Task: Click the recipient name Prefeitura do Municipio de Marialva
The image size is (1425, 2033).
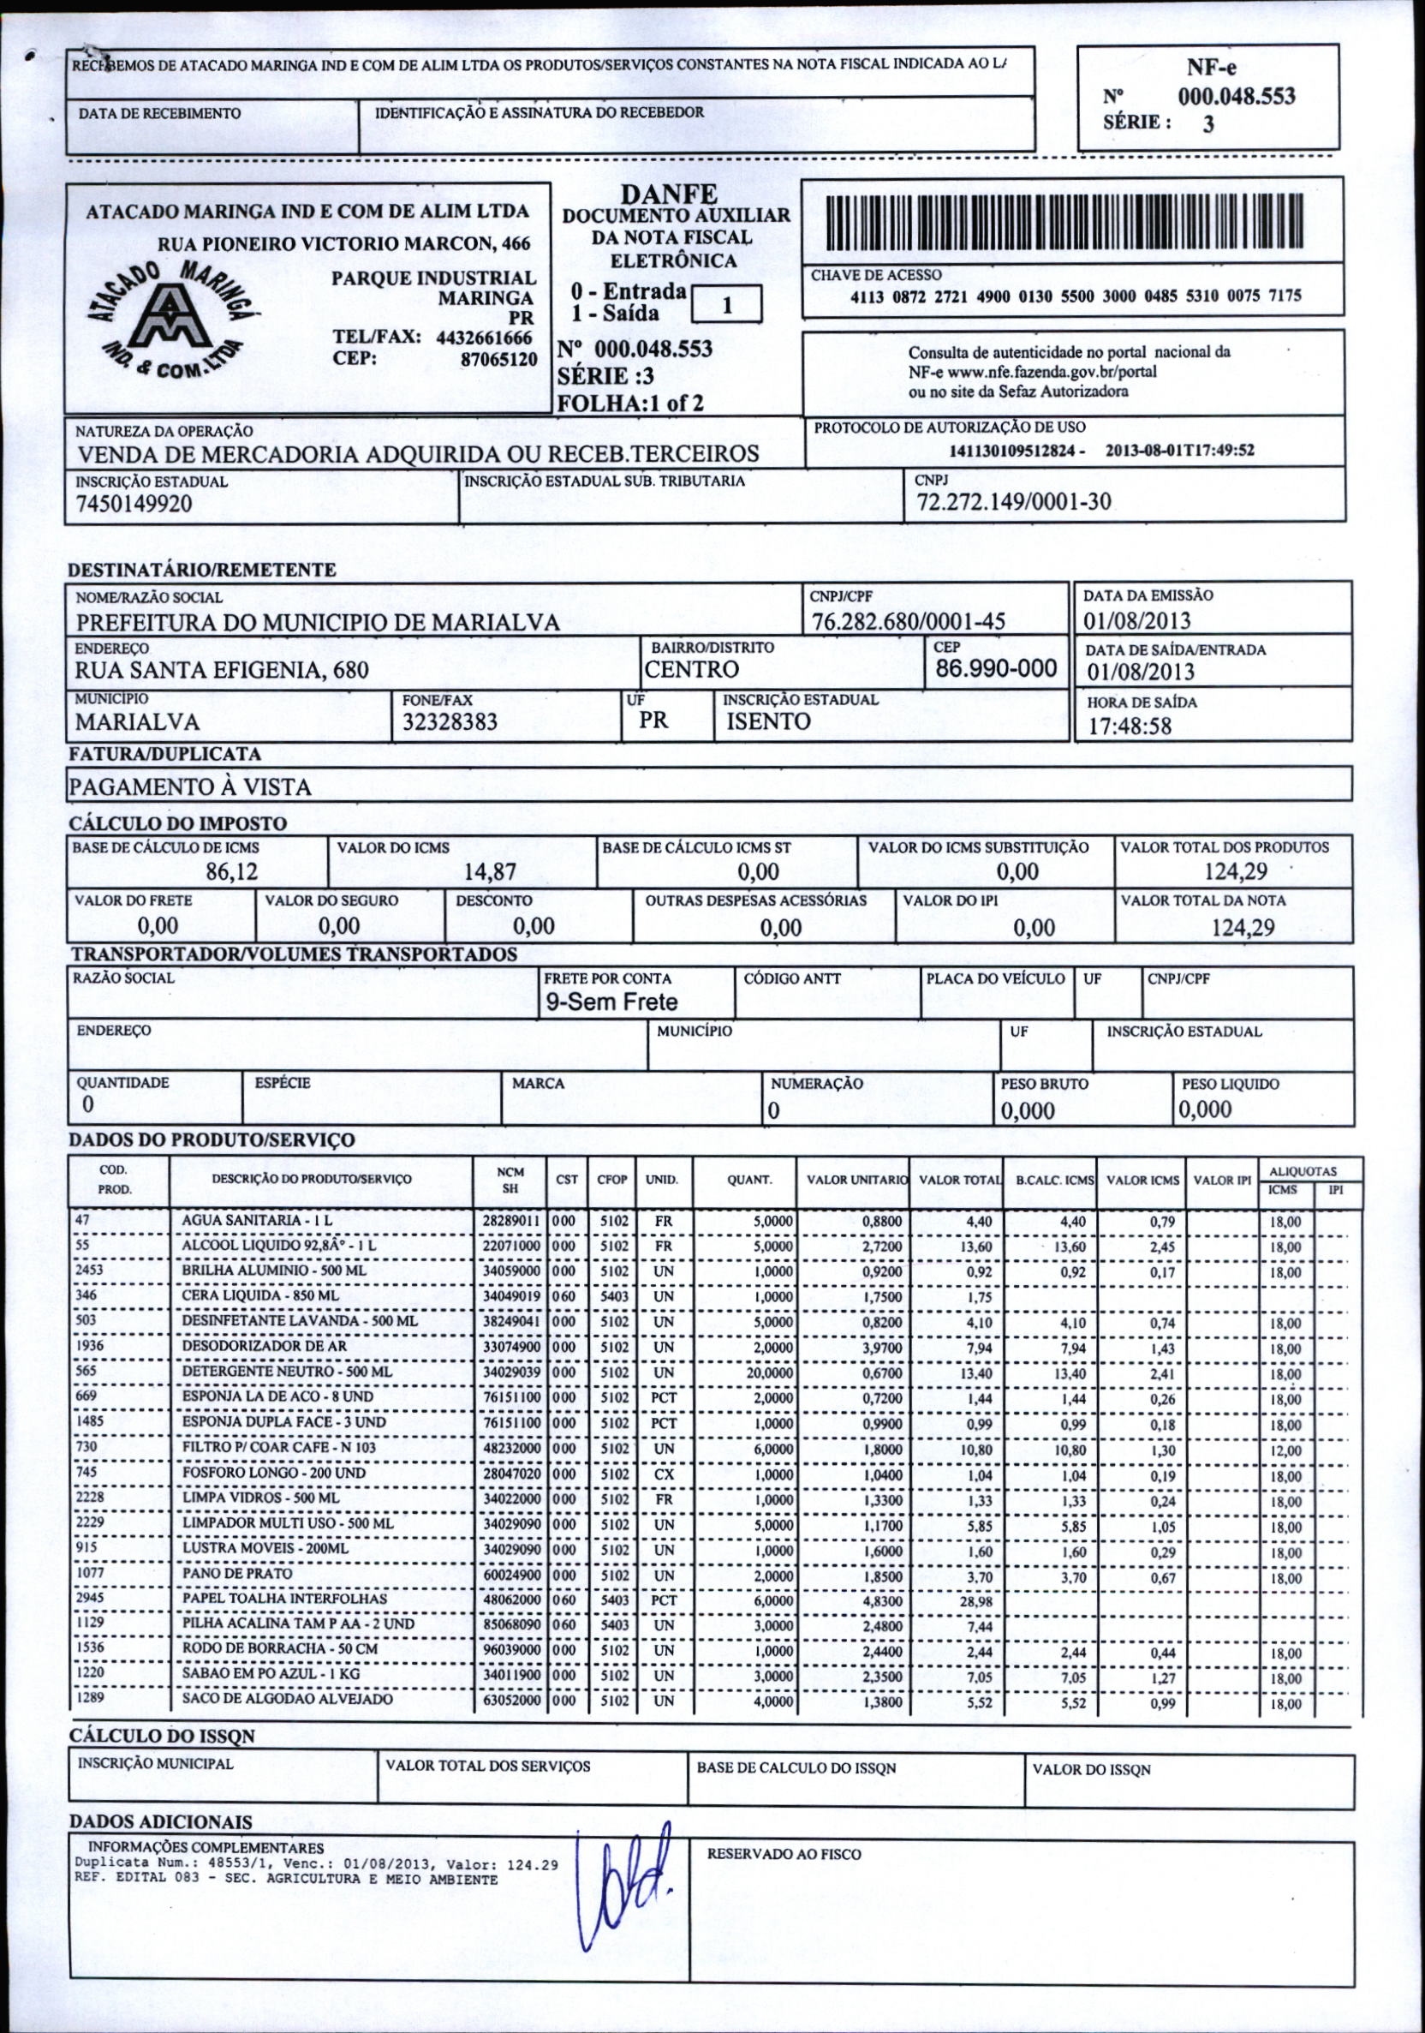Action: (x=318, y=623)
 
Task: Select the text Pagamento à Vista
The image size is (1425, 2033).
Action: (x=190, y=787)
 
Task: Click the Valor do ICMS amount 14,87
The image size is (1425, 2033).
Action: (x=491, y=872)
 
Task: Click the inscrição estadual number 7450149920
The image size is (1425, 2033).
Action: (x=134, y=504)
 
